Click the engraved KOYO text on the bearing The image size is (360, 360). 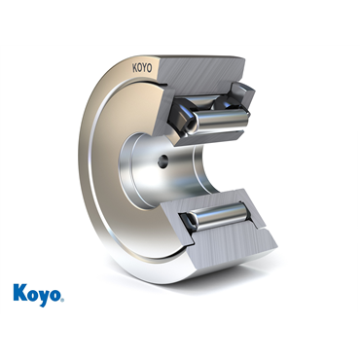[x=142, y=68]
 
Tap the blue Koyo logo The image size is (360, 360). [x=39, y=295]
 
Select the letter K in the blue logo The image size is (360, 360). [x=20, y=293]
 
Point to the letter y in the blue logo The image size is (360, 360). [x=43, y=298]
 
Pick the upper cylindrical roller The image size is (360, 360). [x=221, y=120]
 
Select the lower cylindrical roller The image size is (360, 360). [x=220, y=217]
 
